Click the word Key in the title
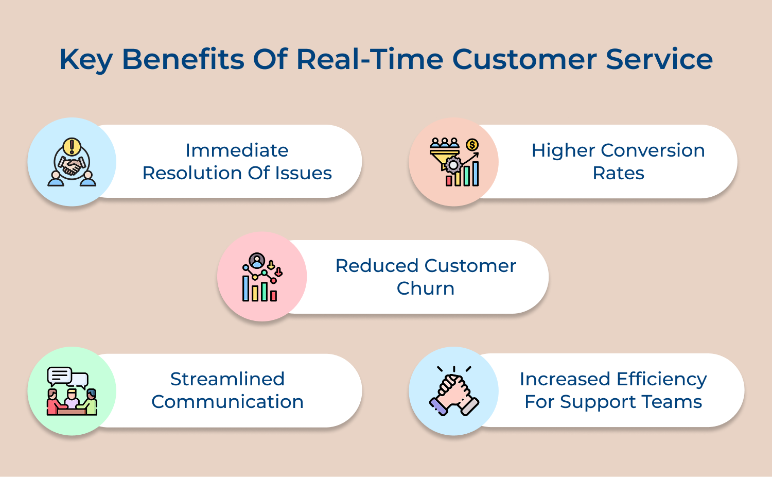85,60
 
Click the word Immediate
237,150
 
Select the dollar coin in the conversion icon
472,145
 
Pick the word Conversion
653,150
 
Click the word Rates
618,173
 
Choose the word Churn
425,288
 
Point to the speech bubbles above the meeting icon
67,377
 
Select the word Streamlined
227,379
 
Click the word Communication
227,402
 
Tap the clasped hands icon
453,393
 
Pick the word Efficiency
661,379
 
